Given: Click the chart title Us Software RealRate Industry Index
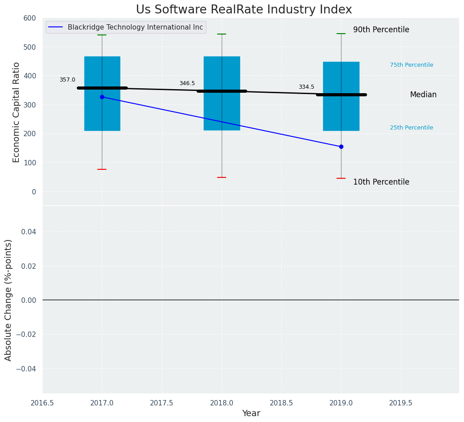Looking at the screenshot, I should point(244,10).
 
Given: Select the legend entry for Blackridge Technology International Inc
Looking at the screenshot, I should point(135,27).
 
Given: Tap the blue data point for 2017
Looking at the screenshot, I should point(102,97).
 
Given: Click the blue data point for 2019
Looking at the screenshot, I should point(341,146).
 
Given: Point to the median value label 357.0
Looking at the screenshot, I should point(67,80).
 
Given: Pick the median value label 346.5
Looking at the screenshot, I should point(187,83).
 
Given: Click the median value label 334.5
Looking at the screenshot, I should point(306,87).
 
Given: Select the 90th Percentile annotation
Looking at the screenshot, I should point(381,30).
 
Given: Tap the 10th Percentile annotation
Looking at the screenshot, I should point(381,182).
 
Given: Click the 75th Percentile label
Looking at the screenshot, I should point(411,65).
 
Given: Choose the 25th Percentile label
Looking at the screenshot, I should point(411,128).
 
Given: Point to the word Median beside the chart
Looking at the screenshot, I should point(423,95).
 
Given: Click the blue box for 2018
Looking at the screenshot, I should point(222,116).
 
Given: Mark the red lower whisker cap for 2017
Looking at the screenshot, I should point(102,169).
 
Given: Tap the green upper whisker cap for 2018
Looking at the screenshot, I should point(222,34).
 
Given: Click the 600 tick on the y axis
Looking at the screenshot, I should point(30,18).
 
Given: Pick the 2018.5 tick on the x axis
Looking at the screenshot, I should point(281,403).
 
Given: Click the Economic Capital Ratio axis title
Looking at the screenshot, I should point(16,112).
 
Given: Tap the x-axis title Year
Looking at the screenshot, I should point(251,413).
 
